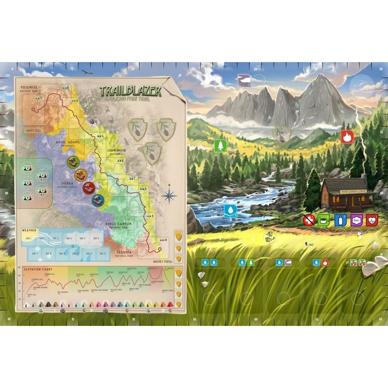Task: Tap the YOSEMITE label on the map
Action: point(29,88)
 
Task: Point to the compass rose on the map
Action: point(169,196)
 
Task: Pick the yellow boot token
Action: point(80,174)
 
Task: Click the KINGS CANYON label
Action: point(115,223)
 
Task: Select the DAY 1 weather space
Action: point(29,239)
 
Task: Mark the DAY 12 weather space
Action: point(102,253)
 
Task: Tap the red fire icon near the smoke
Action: point(347,137)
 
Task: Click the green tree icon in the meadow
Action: point(220,145)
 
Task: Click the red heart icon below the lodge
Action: point(372,220)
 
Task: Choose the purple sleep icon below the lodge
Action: point(356,220)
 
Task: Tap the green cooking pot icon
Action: point(324,220)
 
